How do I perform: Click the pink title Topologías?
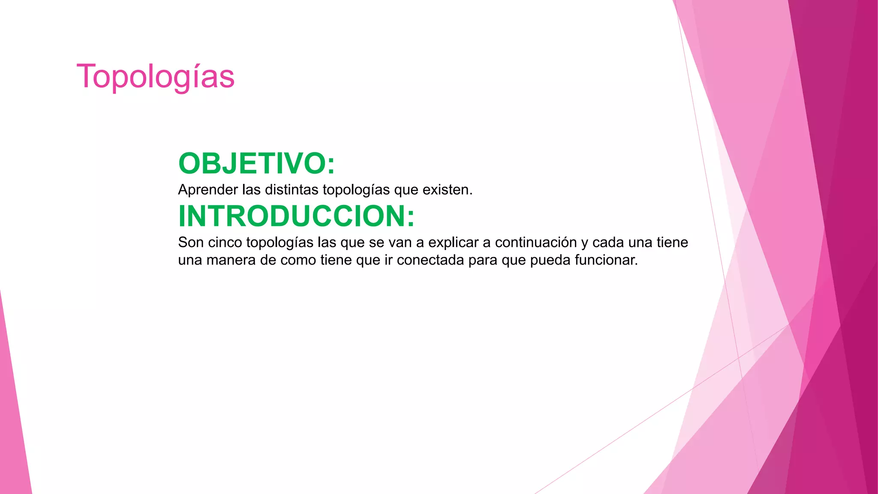155,77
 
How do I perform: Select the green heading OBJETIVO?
256,163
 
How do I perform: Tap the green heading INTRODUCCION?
296,216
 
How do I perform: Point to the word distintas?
292,190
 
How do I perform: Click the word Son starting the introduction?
191,242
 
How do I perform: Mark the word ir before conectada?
388,260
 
